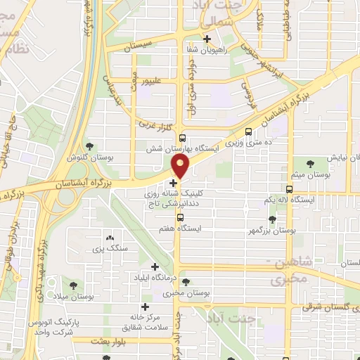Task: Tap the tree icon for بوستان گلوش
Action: tap(90, 146)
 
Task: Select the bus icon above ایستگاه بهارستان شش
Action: tap(183, 139)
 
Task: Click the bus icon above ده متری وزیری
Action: tap(247, 131)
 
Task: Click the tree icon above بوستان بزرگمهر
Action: tap(272, 219)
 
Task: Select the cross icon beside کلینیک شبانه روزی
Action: tap(174, 183)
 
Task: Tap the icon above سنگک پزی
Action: tap(108, 238)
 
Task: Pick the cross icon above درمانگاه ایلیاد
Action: tap(155, 266)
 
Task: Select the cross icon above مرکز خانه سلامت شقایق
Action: tap(145, 307)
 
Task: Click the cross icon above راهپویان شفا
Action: tap(207, 39)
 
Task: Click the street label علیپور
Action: tap(154, 81)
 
